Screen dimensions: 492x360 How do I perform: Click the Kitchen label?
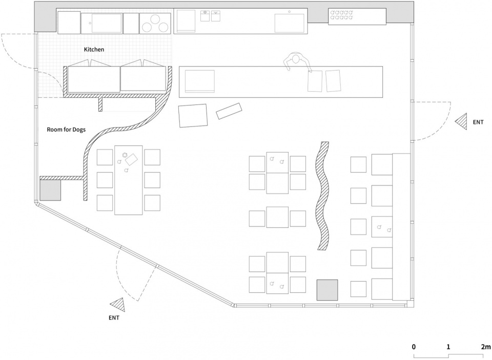[94, 50]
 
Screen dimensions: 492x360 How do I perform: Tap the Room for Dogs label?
[66, 129]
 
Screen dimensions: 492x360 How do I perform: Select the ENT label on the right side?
[478, 122]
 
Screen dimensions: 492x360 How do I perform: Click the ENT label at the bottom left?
[114, 317]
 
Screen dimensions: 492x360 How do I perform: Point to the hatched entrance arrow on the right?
[462, 121]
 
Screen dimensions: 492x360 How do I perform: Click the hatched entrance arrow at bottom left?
[118, 305]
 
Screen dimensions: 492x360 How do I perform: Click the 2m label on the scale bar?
[485, 347]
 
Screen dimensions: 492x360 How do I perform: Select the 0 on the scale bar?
[414, 347]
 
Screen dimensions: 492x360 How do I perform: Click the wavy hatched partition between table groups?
[323, 196]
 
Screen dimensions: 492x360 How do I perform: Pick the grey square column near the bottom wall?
[327, 290]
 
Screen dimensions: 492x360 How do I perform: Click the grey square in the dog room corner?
[50, 190]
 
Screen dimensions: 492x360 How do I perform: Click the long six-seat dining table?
[128, 180]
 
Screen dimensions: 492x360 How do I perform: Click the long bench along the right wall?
[401, 226]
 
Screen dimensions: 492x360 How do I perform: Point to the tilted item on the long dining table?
[132, 159]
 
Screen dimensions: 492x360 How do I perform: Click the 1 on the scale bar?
[448, 347]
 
